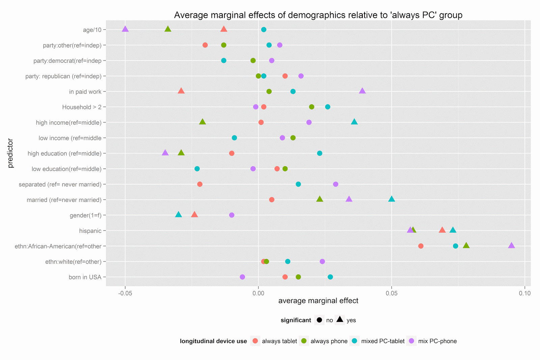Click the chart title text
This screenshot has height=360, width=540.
(318, 15)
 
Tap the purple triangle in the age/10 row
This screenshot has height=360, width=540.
(125, 29)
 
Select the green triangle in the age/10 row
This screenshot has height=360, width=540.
(168, 29)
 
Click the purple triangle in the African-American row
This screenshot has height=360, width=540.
(511, 246)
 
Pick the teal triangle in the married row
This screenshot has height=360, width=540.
(391, 199)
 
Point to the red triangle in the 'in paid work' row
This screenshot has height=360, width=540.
(181, 91)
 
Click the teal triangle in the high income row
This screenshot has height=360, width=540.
(354, 122)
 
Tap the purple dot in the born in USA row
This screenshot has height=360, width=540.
(242, 277)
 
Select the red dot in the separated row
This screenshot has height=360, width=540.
(200, 184)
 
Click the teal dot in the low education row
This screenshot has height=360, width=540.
(197, 169)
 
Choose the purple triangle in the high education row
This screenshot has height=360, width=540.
(165, 153)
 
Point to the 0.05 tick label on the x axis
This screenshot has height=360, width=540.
(391, 293)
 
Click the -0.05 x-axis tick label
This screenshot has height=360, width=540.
(125, 293)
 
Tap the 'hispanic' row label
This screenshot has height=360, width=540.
(90, 231)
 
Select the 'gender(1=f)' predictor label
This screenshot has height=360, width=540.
(85, 215)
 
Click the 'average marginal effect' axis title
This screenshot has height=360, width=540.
(318, 301)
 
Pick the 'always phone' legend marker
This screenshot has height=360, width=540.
(304, 341)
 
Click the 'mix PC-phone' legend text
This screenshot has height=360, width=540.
(437, 341)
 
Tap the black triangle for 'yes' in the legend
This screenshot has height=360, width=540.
(340, 319)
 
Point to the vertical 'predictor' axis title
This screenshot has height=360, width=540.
(10, 153)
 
